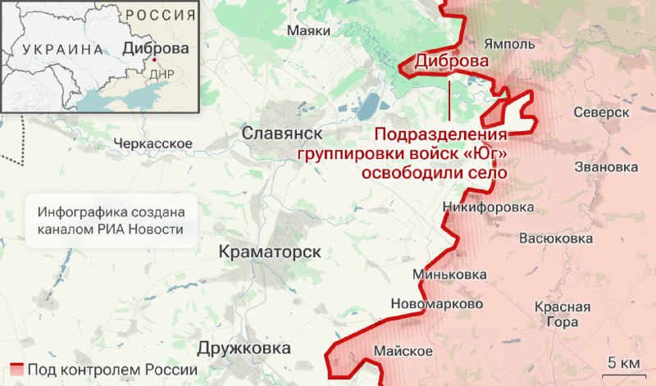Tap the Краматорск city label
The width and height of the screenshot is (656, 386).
[270, 252]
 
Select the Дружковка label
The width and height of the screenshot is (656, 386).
[244, 348]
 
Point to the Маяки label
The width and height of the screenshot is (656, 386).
[309, 30]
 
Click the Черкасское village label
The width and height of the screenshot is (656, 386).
[153, 143]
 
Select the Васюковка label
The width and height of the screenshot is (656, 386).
[555, 238]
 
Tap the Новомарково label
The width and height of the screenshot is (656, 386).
[437, 303]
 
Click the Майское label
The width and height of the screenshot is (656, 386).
[403, 352]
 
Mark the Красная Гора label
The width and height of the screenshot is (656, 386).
[562, 314]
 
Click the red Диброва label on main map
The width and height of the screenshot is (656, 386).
[452, 61]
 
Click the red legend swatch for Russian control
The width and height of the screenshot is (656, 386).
[16, 369]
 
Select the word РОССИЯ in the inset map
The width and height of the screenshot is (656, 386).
[162, 16]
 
